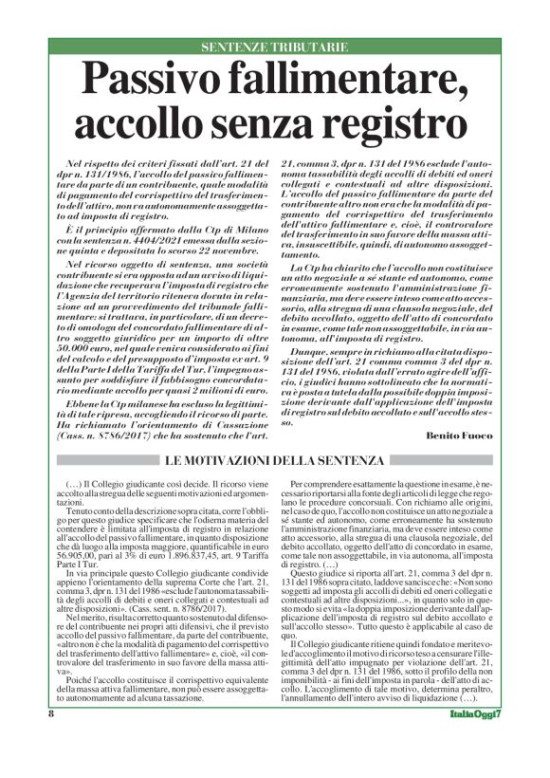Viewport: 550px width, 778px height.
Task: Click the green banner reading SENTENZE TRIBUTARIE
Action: click(x=275, y=46)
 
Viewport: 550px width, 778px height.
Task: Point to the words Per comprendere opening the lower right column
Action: click(x=323, y=482)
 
